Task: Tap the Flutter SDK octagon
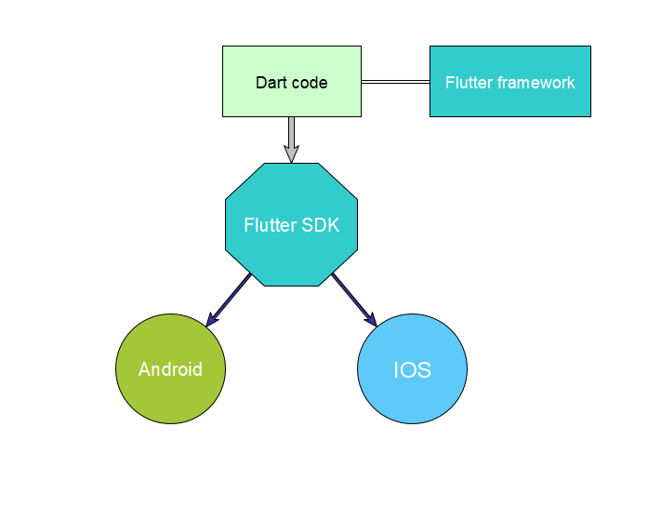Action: (x=291, y=251)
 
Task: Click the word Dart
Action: (x=271, y=83)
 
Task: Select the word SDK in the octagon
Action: (x=320, y=225)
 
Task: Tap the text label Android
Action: (x=170, y=369)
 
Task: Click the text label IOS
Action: (x=412, y=370)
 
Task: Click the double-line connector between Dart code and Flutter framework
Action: (x=395, y=82)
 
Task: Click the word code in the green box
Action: (x=310, y=83)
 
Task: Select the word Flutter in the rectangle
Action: (x=469, y=83)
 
